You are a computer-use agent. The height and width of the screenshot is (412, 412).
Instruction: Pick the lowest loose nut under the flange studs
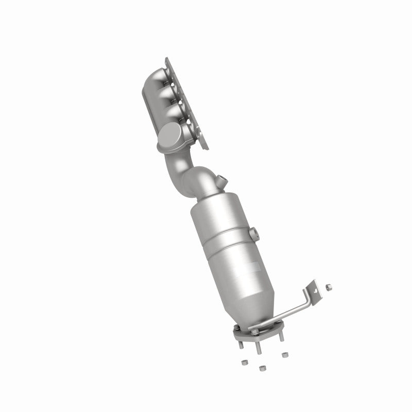pyautogui.click(x=261, y=369)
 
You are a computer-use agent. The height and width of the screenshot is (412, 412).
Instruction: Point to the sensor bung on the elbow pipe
pyautogui.click(x=222, y=181)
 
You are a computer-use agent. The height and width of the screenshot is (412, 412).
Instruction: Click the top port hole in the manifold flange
pyautogui.click(x=178, y=75)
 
